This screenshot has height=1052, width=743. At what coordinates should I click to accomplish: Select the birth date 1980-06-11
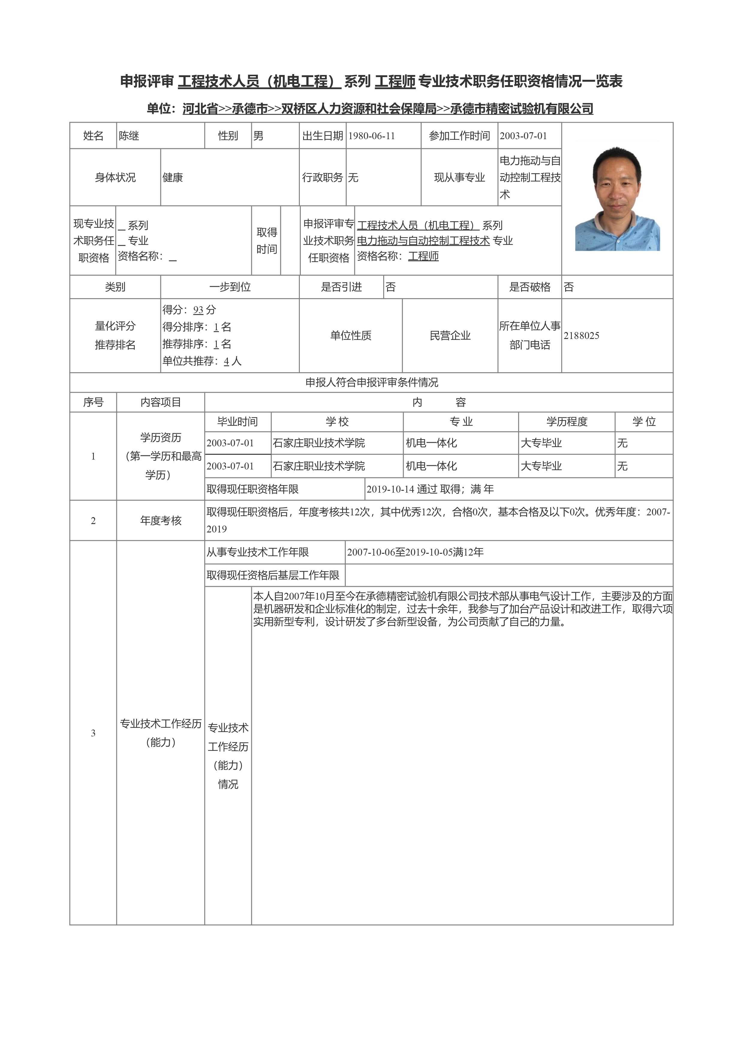371,136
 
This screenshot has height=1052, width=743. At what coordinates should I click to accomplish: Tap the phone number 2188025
581,336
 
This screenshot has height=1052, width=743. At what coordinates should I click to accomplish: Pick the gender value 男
258,136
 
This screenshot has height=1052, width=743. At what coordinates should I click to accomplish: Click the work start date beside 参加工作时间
523,136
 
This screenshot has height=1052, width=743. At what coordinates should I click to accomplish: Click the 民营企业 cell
450,336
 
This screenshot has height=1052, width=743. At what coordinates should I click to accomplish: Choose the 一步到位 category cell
230,287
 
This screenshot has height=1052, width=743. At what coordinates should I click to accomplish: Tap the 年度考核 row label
161,520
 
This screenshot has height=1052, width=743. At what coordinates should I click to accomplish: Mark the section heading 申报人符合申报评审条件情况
371,382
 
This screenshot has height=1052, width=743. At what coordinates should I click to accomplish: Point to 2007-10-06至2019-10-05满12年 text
415,553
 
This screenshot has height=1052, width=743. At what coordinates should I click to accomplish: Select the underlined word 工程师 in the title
395,82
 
